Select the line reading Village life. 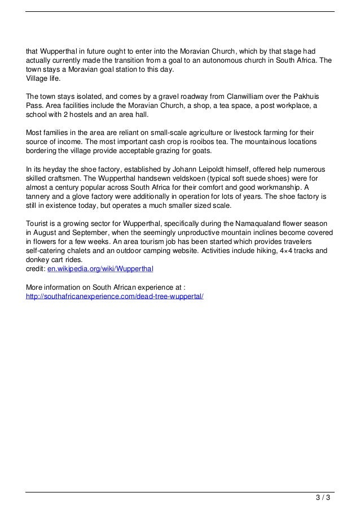(43, 79)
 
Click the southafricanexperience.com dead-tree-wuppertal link (115, 295)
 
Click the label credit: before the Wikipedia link (36, 268)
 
